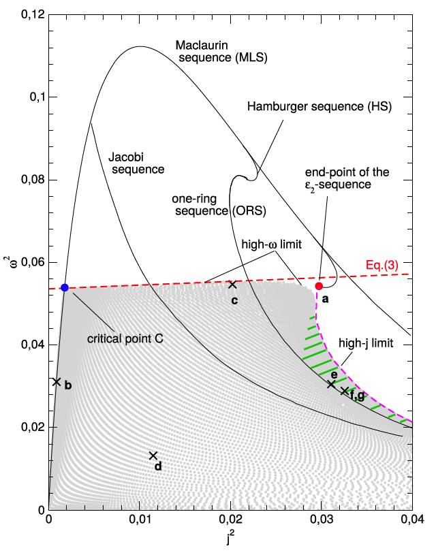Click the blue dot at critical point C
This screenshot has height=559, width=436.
click(x=65, y=287)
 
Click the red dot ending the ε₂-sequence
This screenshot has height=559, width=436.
click(x=320, y=286)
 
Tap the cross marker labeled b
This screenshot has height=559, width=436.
click(x=57, y=382)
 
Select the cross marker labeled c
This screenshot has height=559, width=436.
click(x=232, y=285)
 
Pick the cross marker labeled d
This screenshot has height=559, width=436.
click(x=153, y=456)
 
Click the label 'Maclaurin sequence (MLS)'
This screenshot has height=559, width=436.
click(x=221, y=52)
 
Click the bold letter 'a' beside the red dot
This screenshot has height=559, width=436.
click(x=326, y=299)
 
